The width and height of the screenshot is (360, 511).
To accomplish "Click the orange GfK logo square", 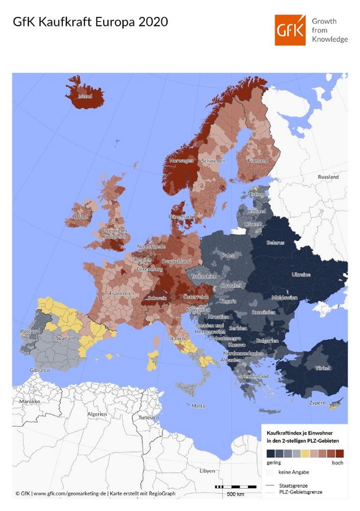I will click(290, 30).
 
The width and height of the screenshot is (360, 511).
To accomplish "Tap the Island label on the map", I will click(85, 96).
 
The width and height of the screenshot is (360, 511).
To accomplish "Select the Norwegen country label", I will click(181, 161).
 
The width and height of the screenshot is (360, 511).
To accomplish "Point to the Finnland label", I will click(257, 160).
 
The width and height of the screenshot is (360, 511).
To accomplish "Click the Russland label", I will click(328, 177).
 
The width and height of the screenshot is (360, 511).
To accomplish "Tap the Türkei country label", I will click(322, 368).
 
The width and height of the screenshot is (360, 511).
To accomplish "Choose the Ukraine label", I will click(301, 274).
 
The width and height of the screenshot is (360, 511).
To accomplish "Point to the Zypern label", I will click(317, 403).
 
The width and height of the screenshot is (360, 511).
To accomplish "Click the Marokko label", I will click(29, 402).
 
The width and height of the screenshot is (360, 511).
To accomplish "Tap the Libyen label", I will click(207, 471).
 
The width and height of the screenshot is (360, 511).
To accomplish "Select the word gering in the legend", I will click(274, 462).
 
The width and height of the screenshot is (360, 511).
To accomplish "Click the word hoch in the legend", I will click(338, 462).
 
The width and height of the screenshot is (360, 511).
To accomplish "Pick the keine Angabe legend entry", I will click(294, 472).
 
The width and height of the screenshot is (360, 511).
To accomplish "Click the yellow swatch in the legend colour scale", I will click(305, 453).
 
